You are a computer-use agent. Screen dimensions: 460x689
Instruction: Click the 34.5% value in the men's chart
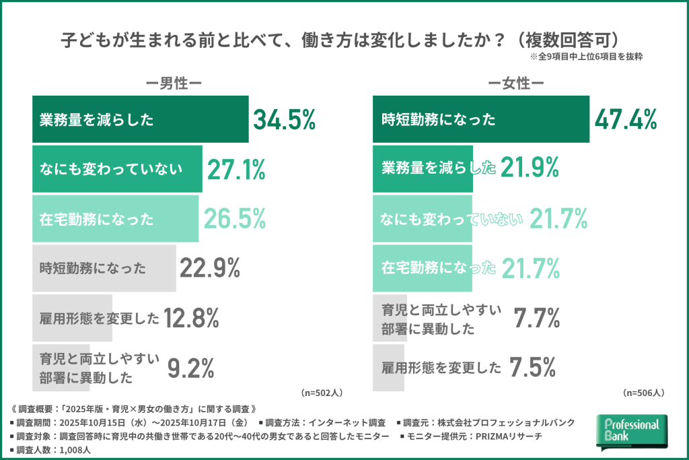point(284,120)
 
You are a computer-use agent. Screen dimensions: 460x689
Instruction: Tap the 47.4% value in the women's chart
point(625,120)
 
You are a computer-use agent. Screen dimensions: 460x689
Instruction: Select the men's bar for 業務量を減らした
point(141,120)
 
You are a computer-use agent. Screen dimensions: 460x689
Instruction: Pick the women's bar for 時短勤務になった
point(481,120)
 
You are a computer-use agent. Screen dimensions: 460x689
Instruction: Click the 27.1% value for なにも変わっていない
point(235,170)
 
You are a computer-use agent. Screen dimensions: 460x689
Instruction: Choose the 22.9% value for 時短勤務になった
point(210,268)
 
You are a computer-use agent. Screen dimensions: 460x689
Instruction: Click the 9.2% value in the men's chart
point(190,368)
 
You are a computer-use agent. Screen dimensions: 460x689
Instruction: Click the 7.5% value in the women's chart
point(532,368)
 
